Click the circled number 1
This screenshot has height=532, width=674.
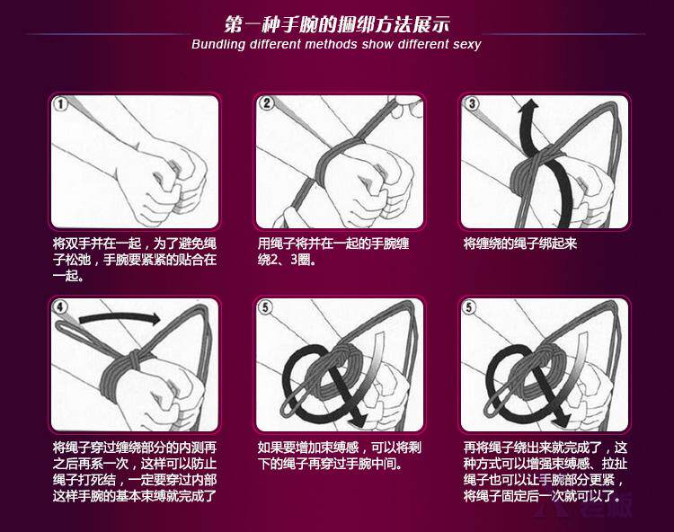click(60, 103)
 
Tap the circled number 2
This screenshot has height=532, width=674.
click(267, 103)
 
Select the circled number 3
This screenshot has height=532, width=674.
click(472, 103)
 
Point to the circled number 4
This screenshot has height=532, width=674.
click(60, 306)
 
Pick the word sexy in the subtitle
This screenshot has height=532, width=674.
click(466, 44)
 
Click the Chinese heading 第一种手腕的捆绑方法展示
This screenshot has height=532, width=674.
click(337, 24)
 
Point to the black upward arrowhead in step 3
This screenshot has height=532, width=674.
click(529, 104)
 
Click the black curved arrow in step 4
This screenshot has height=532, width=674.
click(120, 318)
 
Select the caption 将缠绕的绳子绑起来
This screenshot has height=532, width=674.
click(520, 244)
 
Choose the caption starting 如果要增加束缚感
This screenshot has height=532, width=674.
click(340, 456)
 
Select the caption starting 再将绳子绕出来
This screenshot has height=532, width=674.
click(545, 473)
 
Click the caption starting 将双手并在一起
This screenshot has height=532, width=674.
click(135, 260)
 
